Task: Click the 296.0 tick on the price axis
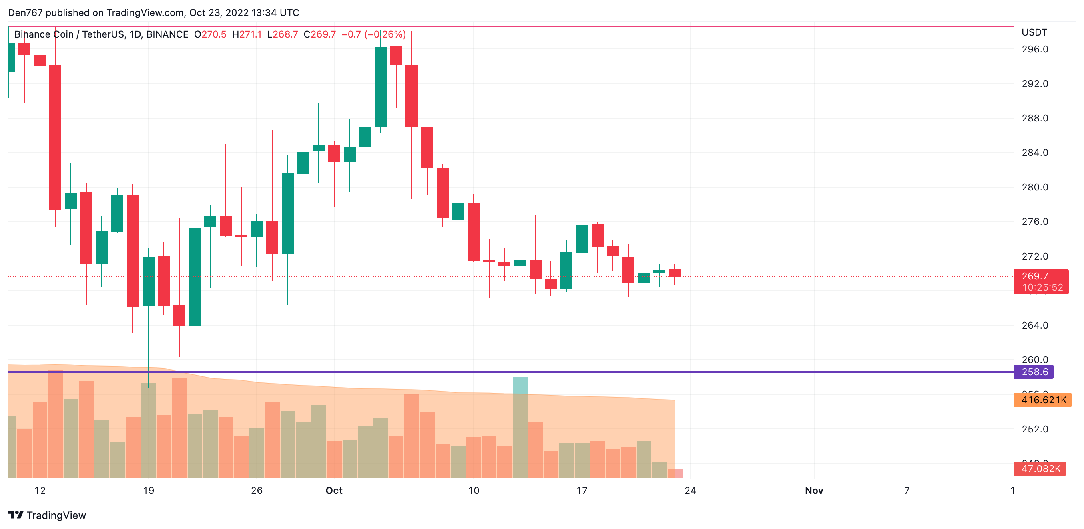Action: pos(1034,49)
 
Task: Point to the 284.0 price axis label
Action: pos(1034,152)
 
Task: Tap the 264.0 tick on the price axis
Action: pos(1034,325)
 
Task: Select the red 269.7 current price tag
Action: pos(1040,281)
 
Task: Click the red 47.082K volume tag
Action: pos(1040,469)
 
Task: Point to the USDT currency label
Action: pos(1034,32)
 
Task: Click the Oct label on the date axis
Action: pos(334,490)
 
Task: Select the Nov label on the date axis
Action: pos(813,490)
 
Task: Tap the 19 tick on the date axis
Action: pos(148,490)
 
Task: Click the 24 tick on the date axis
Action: pos(690,490)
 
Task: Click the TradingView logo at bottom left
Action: pos(47,515)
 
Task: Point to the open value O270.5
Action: pos(210,34)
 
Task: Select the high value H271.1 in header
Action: pos(247,34)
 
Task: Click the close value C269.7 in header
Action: pos(320,34)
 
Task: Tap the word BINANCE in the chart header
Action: pos(167,34)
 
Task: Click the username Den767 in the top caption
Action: pos(25,13)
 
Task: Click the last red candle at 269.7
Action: pos(674,273)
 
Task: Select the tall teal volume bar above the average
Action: pos(520,428)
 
